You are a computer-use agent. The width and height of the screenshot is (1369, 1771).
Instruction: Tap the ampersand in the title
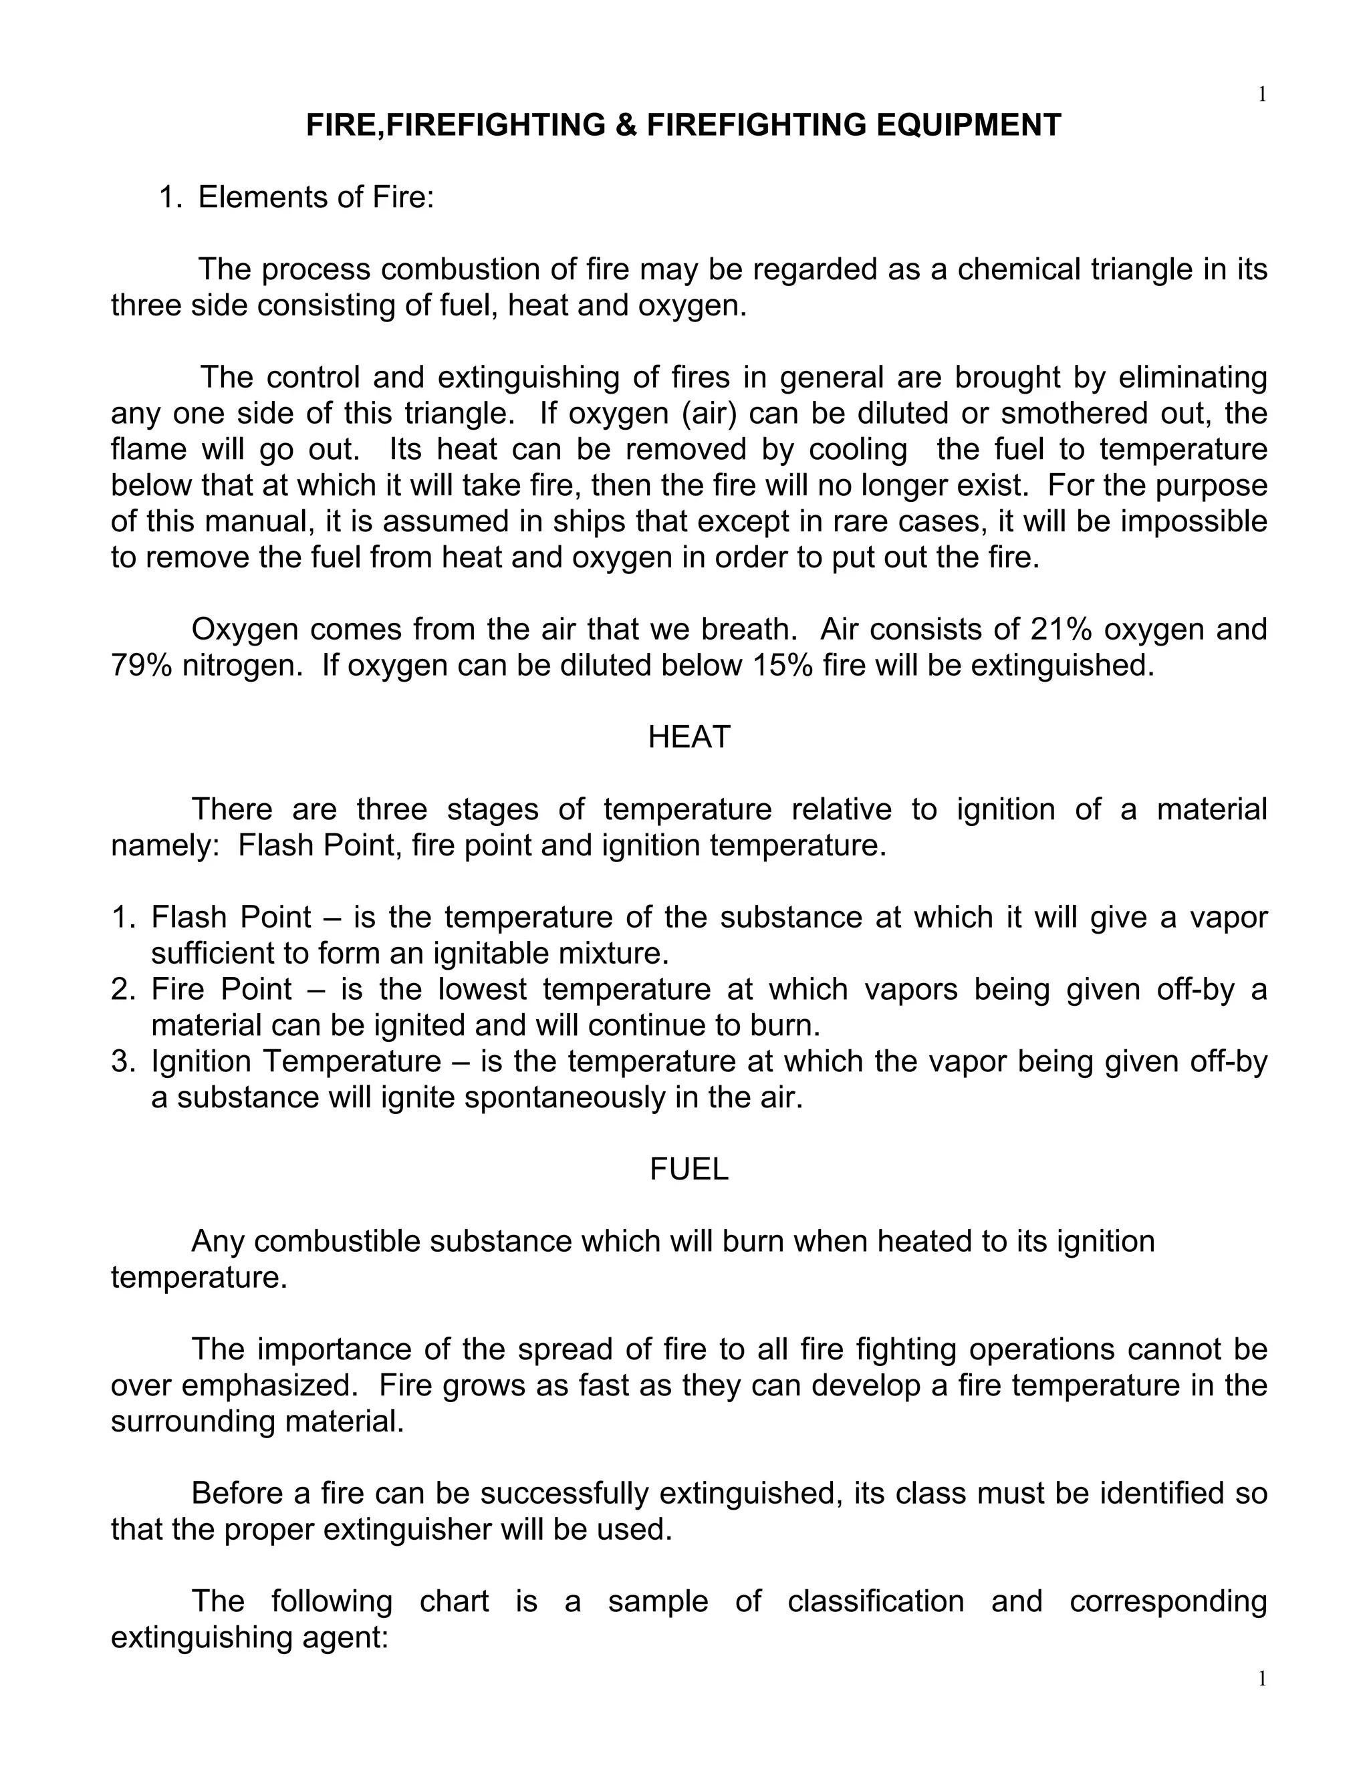tap(626, 125)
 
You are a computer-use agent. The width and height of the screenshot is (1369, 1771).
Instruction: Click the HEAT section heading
tap(689, 737)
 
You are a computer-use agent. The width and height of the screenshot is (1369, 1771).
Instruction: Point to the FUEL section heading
tap(689, 1168)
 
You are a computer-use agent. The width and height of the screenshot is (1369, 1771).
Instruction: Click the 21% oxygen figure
tap(1060, 630)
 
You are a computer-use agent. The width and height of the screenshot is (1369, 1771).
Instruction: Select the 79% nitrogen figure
tap(141, 665)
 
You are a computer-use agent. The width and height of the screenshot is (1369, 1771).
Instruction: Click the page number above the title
tap(1262, 95)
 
